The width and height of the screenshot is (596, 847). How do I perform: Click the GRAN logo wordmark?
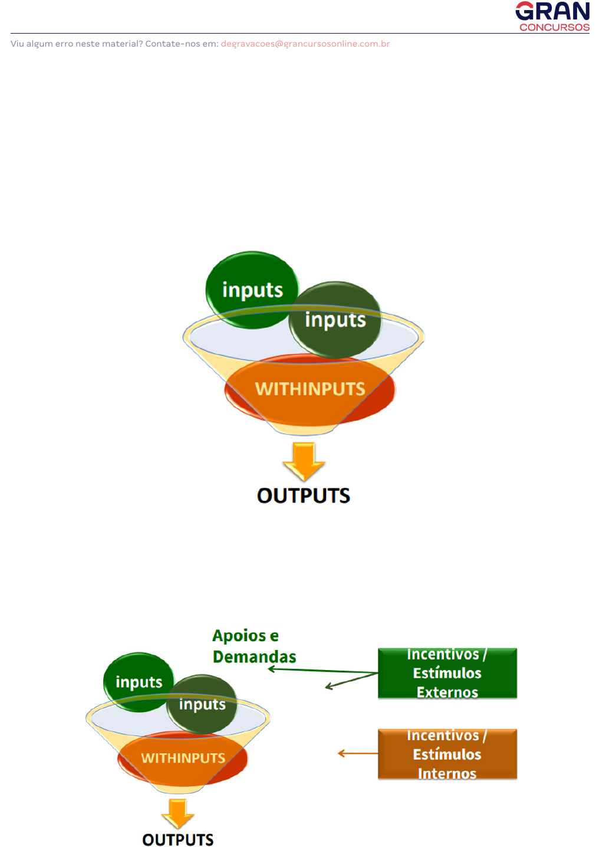(x=552, y=11)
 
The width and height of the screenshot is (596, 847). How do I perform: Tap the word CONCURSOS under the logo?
(x=554, y=27)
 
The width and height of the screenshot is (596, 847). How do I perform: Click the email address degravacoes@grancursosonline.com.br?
(x=305, y=44)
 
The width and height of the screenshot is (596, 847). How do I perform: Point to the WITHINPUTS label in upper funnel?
(x=310, y=389)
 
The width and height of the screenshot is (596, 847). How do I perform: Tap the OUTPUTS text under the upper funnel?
(x=304, y=495)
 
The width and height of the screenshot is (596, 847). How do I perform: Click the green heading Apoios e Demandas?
(x=254, y=646)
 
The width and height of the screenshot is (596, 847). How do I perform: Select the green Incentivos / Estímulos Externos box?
(x=447, y=673)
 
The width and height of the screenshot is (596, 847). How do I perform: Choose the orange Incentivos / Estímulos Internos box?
(x=447, y=754)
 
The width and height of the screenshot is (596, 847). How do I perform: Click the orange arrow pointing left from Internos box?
(x=357, y=753)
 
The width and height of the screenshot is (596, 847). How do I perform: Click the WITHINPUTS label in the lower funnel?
(x=183, y=758)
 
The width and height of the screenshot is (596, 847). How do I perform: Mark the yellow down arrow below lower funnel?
(x=177, y=813)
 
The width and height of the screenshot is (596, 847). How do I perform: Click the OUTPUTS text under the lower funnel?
(x=178, y=839)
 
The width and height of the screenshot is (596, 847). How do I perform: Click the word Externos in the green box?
(x=447, y=692)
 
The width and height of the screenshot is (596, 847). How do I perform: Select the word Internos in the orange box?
(x=447, y=773)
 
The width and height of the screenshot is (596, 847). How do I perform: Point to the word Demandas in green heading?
(x=254, y=657)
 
